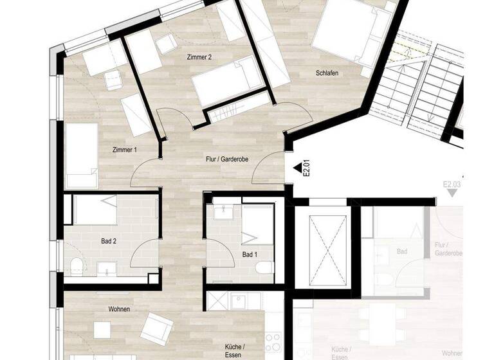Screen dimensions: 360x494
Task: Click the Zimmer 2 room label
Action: pyautogui.click(x=199, y=57)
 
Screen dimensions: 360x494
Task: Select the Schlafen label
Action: pyautogui.click(x=327, y=73)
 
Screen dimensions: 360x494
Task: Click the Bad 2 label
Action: pyautogui.click(x=109, y=242)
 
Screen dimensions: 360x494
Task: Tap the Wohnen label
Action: pyautogui.click(x=119, y=309)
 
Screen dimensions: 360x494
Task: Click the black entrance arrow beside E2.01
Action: pyautogui.click(x=297, y=168)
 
